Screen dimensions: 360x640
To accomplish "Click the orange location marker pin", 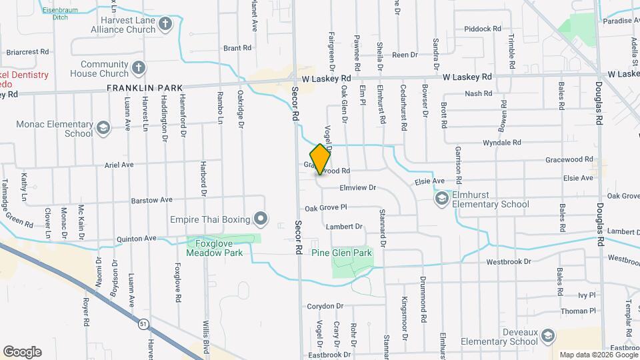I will tap(320, 159).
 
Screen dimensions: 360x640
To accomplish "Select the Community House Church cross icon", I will tap(138, 68).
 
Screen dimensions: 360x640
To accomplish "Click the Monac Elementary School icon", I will tap(103, 127).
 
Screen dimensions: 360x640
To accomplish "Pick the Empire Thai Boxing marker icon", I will tap(261, 219).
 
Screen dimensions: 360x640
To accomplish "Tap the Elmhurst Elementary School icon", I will tap(441, 199).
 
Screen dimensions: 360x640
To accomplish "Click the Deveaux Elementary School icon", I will tap(548, 336).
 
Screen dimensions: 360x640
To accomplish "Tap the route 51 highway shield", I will tap(143, 324).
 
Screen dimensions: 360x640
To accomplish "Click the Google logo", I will tap(22, 351).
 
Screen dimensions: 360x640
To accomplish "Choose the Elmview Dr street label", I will tap(358, 188).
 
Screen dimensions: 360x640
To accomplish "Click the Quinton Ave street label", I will tap(136, 238).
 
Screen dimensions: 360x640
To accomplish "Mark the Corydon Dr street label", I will tap(325, 306).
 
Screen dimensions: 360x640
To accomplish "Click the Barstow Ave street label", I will tap(151, 199).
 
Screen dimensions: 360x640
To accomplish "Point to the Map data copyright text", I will tap(598, 355).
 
